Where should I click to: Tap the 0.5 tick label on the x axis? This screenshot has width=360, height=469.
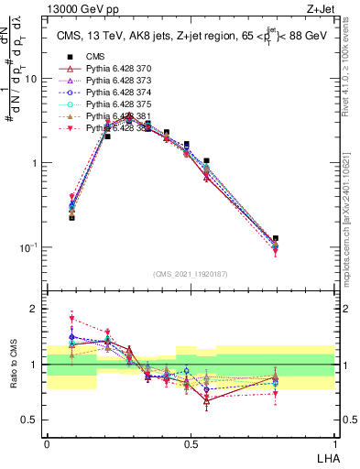click(x=190, y=442)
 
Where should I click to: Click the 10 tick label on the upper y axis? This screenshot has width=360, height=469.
click(x=31, y=79)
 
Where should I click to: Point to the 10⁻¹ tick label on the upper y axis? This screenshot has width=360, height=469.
click(x=29, y=247)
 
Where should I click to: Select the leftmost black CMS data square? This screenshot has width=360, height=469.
click(x=71, y=217)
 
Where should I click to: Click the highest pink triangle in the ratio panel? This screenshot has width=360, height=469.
click(x=71, y=319)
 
